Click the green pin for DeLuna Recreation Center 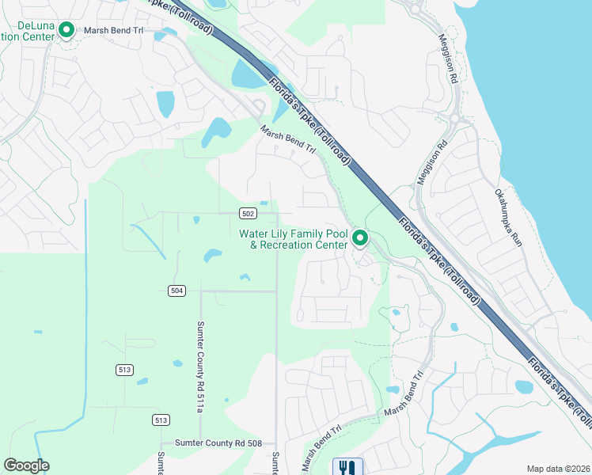pyautogui.click(x=66, y=31)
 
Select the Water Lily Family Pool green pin pyautogui.click(x=360, y=237)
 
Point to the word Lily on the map pyautogui.click(x=287, y=234)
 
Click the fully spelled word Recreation pyautogui.click(x=305, y=245)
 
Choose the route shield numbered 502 pyautogui.click(x=247, y=214)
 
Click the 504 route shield pyautogui.click(x=176, y=291)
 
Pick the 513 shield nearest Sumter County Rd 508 pyautogui.click(x=161, y=420)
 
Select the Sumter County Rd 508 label pyautogui.click(x=218, y=443)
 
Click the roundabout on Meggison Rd pyautogui.click(x=455, y=120)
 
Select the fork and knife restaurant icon pyautogui.click(x=347, y=467)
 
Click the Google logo pyautogui.click(x=26, y=465)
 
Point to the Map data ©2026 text pyautogui.click(x=557, y=469)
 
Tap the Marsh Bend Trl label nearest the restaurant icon pyautogui.click(x=321, y=446)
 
